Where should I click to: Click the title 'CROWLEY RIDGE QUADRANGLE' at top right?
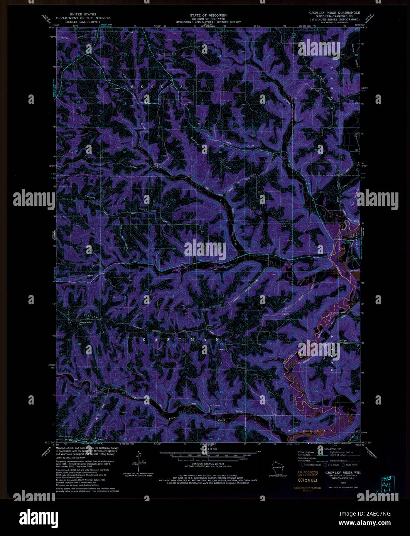pyautogui.click(x=334, y=13)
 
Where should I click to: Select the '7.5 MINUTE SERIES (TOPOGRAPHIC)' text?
pyautogui.click(x=334, y=19)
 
